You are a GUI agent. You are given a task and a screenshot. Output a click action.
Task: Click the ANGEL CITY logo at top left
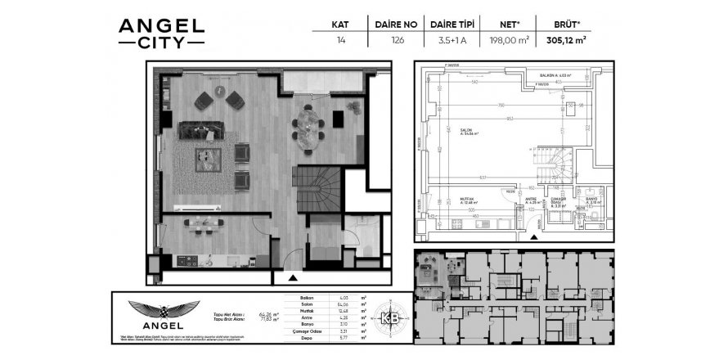point(161,32)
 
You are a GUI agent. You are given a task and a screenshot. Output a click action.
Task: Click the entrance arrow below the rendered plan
point(293,277)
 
